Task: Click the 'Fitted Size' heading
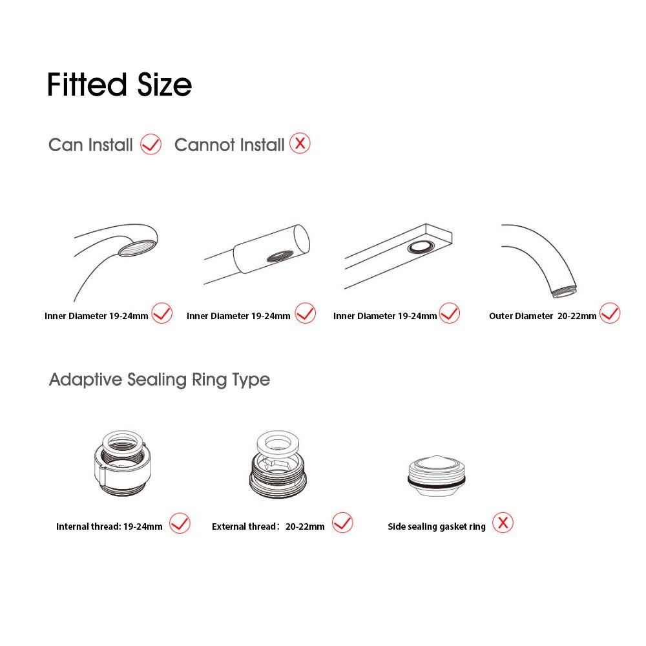click(x=120, y=85)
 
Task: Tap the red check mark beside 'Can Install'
click(x=151, y=144)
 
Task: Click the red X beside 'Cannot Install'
click(x=300, y=143)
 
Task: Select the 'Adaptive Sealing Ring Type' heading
click(x=160, y=379)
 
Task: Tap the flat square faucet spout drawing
click(x=398, y=255)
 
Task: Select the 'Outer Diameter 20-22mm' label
click(x=543, y=316)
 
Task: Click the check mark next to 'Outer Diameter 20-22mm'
click(x=610, y=313)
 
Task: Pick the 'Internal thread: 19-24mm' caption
click(x=109, y=526)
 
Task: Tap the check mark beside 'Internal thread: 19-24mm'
click(x=180, y=523)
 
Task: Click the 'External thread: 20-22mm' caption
click(x=268, y=526)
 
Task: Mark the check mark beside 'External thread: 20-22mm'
click(x=343, y=523)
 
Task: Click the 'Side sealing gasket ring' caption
click(x=437, y=526)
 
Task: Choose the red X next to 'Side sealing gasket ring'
click(x=503, y=523)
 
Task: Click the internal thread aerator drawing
click(x=122, y=463)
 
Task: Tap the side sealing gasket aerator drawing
click(x=437, y=476)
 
